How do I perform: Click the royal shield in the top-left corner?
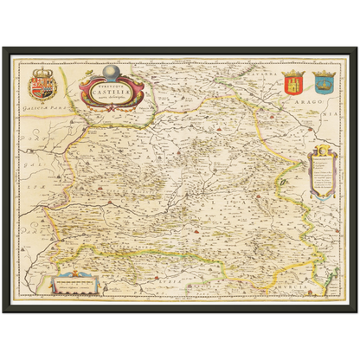point(41,86)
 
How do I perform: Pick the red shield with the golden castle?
point(293,84)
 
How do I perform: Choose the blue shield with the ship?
point(325,84)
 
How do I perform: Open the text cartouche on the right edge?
point(321,174)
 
